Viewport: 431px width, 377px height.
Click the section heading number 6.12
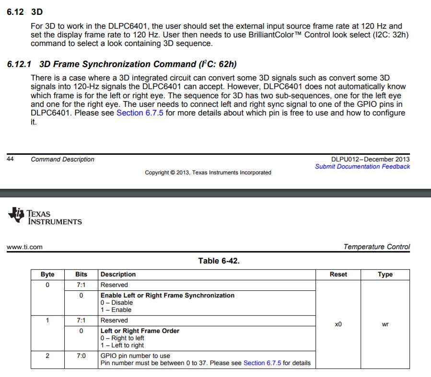point(15,11)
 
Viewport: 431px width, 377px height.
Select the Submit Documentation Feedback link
point(362,167)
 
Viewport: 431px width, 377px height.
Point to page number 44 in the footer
point(10,160)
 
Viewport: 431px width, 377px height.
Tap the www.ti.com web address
point(24,247)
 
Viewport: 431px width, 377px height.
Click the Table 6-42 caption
point(219,261)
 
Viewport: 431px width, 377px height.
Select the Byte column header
point(47,274)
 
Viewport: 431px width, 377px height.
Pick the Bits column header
point(81,274)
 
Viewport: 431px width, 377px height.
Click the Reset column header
point(338,274)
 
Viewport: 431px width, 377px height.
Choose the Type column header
point(385,274)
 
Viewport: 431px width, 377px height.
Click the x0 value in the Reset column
point(338,324)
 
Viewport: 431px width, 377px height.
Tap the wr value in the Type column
point(385,324)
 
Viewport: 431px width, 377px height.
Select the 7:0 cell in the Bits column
point(81,356)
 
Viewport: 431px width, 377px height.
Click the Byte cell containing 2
point(47,356)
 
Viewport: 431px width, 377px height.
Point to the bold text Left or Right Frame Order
point(140,331)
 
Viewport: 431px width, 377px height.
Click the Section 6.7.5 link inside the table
point(262,363)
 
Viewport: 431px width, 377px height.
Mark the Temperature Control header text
point(376,247)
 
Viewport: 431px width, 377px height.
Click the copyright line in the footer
point(208,172)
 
